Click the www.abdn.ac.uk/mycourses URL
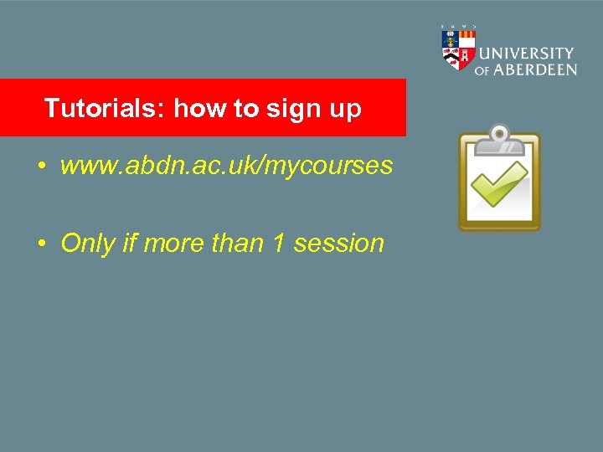tap(226, 166)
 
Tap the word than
tap(238, 244)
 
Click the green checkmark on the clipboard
tap(499, 183)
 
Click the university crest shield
tap(458, 48)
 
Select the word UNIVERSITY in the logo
tap(527, 53)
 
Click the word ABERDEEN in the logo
tap(534, 70)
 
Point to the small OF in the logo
tap(482, 71)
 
